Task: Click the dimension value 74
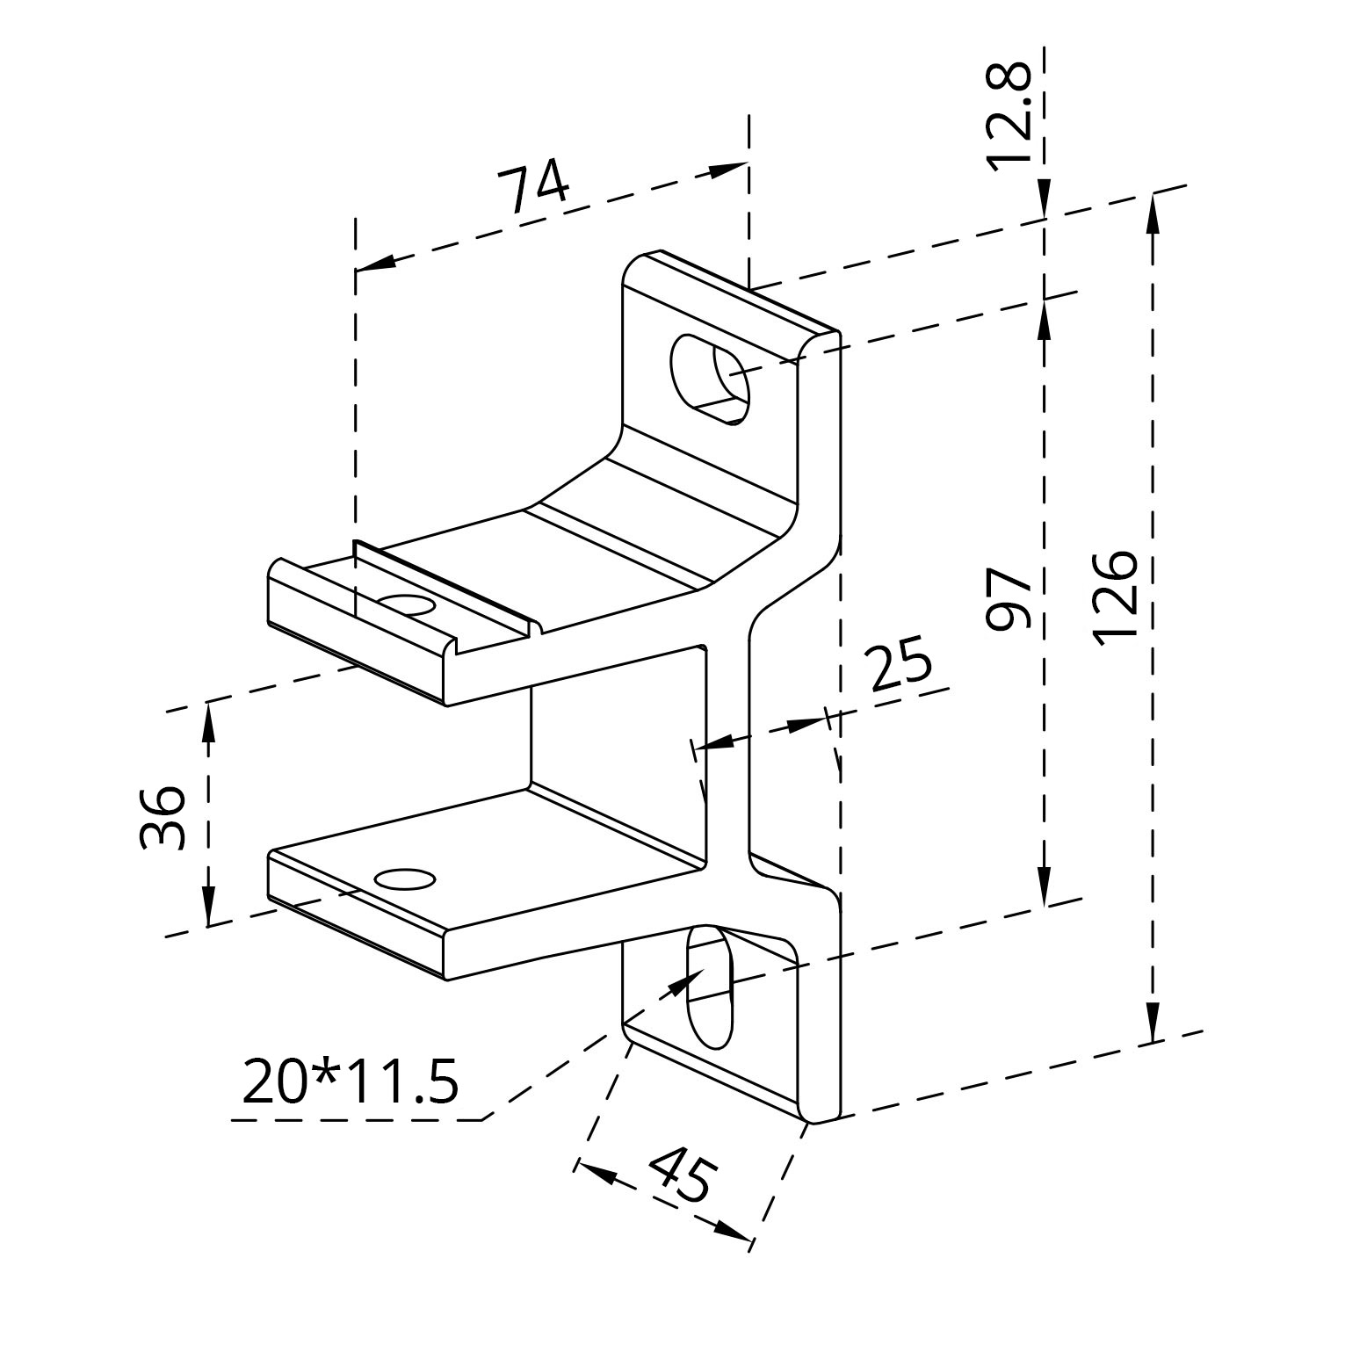pos(533,187)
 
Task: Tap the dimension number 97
pos(1007,599)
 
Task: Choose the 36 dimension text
pos(163,817)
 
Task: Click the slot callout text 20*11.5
pos(350,1081)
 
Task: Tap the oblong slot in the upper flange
pos(711,380)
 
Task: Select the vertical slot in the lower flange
pos(709,986)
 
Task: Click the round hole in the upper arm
pos(405,606)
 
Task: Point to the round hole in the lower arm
pos(404,879)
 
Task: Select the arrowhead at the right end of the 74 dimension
pos(728,169)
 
